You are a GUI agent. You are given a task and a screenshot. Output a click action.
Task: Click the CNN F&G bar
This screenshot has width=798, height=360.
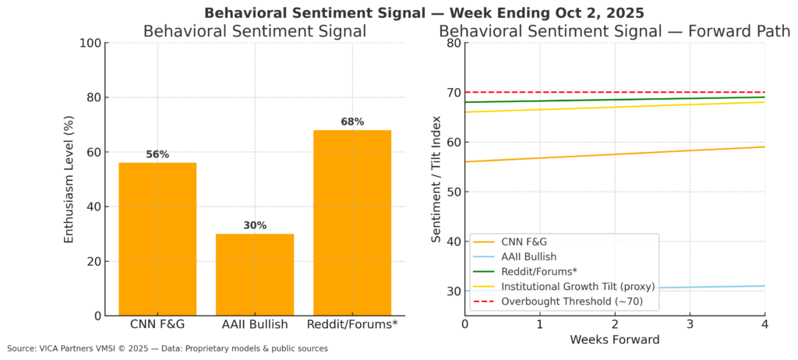pos(157,239)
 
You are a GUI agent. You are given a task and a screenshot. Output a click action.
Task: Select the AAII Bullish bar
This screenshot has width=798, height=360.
pos(255,274)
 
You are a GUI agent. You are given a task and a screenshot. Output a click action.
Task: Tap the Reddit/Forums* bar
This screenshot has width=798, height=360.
pos(351,223)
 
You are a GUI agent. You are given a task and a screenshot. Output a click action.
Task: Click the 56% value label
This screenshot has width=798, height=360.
pos(157,154)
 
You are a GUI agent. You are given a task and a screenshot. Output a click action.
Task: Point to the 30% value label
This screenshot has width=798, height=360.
pos(255,225)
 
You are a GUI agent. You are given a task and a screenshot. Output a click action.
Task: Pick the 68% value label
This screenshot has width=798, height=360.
pos(352,122)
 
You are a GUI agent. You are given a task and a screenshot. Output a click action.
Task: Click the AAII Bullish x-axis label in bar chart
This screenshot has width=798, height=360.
pos(255,323)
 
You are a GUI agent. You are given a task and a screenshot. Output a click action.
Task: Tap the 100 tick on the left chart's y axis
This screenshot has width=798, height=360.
pos(89,43)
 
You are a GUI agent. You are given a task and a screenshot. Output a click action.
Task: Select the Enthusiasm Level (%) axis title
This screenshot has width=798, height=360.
pos(69,179)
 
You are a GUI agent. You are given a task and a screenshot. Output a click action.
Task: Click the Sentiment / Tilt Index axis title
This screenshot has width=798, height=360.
pos(436,179)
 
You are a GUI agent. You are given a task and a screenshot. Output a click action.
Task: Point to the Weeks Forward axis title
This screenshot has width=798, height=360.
pos(615,340)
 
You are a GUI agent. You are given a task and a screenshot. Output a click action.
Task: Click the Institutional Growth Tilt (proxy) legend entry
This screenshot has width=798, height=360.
pos(577,286)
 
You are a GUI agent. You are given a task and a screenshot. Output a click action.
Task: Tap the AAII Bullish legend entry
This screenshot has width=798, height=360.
pos(529,256)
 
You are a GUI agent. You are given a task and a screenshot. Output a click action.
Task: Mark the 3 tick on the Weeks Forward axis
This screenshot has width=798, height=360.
pos(690,323)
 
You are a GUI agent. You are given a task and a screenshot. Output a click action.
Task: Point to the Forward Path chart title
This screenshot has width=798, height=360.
pos(615,31)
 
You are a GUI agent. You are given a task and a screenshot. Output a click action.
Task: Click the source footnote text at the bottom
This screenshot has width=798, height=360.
pos(168,348)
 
